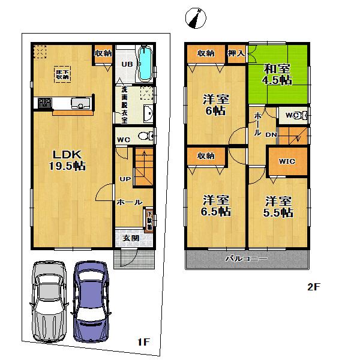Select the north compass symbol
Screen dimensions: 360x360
click(195, 19)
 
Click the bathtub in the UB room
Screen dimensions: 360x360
click(146, 64)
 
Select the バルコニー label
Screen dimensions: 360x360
click(246, 259)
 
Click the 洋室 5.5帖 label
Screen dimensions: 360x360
click(277, 206)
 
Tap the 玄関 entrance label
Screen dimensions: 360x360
click(131, 238)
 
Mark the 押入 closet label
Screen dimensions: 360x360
click(236, 53)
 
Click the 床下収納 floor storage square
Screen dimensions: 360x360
click(63, 73)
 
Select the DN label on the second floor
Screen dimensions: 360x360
click(271, 135)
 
